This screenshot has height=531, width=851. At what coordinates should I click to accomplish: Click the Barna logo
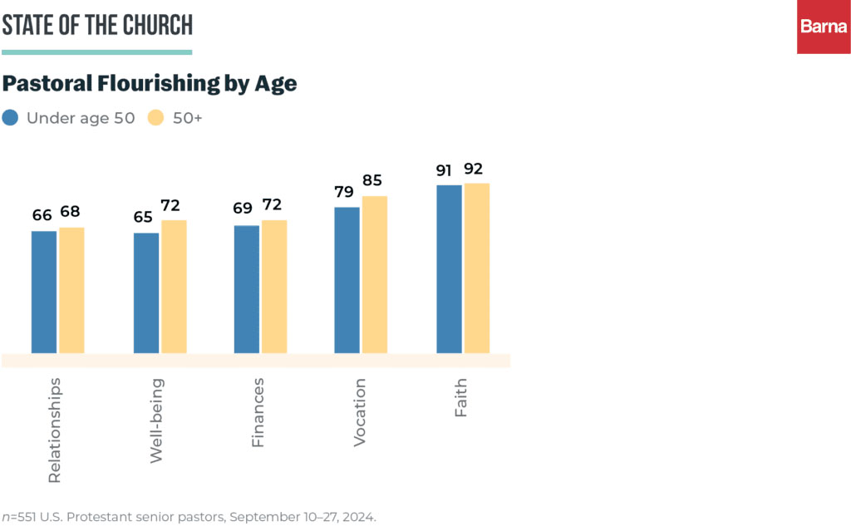tap(824, 27)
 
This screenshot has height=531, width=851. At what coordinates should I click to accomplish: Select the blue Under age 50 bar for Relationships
tap(44, 292)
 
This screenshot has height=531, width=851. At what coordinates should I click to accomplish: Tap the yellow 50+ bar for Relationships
tap(71, 290)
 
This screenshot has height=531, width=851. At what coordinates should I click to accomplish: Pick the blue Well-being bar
tap(146, 293)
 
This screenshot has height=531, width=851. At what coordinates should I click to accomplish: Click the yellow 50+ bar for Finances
tap(274, 287)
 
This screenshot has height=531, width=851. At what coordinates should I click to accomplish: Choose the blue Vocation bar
tap(347, 280)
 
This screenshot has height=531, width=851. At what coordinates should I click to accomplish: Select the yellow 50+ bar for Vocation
tap(375, 274)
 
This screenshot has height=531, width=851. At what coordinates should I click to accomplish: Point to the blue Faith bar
tap(449, 268)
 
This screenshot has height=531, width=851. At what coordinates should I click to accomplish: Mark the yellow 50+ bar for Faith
tap(477, 268)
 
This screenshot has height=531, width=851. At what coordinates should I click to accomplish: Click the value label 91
tap(445, 170)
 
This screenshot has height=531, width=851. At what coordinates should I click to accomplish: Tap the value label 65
tap(143, 218)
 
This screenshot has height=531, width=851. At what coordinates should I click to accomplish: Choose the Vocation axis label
tap(360, 412)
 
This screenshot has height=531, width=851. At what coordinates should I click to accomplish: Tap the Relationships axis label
tap(55, 430)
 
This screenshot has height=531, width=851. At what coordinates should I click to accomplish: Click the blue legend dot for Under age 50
tap(11, 117)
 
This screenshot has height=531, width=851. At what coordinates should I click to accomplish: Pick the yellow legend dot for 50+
tap(155, 117)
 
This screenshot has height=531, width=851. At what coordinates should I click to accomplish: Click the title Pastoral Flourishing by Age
tap(150, 84)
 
